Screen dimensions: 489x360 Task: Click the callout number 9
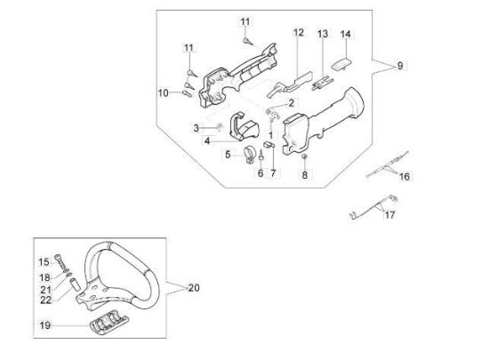point(400,66)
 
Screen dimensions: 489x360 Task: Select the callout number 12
point(299,32)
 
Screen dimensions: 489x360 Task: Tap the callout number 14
point(346,34)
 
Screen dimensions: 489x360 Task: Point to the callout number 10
point(163,92)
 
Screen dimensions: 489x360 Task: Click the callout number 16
point(405,177)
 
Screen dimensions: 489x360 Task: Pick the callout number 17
point(389,215)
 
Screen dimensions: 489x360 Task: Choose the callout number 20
point(194,288)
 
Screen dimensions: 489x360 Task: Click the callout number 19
point(45,325)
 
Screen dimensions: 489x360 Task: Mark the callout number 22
point(46,300)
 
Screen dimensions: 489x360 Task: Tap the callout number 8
point(305,175)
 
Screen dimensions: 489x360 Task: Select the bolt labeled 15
point(60,262)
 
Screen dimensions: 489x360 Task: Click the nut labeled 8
point(305,156)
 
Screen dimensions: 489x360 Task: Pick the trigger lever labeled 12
point(290,84)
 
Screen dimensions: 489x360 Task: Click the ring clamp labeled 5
point(249,154)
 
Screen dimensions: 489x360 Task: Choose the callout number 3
point(196,128)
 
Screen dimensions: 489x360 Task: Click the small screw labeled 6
point(261,155)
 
